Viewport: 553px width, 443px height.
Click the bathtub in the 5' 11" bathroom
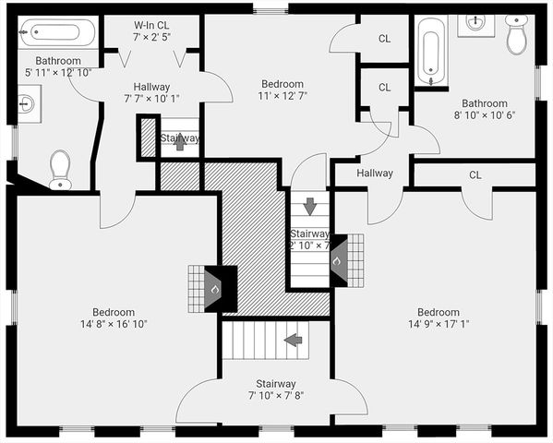click(x=58, y=33)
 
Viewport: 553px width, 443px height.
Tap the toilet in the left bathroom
click(x=61, y=169)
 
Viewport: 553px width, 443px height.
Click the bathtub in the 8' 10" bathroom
click(x=430, y=54)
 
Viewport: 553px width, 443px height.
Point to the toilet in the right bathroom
click(x=516, y=36)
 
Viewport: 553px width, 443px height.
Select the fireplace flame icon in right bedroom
click(x=337, y=260)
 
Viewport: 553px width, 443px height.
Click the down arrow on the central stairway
click(x=310, y=205)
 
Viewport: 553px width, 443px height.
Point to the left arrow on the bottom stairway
click(x=294, y=340)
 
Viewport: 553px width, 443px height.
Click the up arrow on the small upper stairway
click(x=179, y=142)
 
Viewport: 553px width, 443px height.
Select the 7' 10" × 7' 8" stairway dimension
click(x=275, y=395)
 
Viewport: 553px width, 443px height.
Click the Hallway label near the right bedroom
click(x=375, y=173)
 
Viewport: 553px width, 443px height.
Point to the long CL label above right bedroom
click(x=475, y=174)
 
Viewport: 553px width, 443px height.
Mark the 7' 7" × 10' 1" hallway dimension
click(x=151, y=98)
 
